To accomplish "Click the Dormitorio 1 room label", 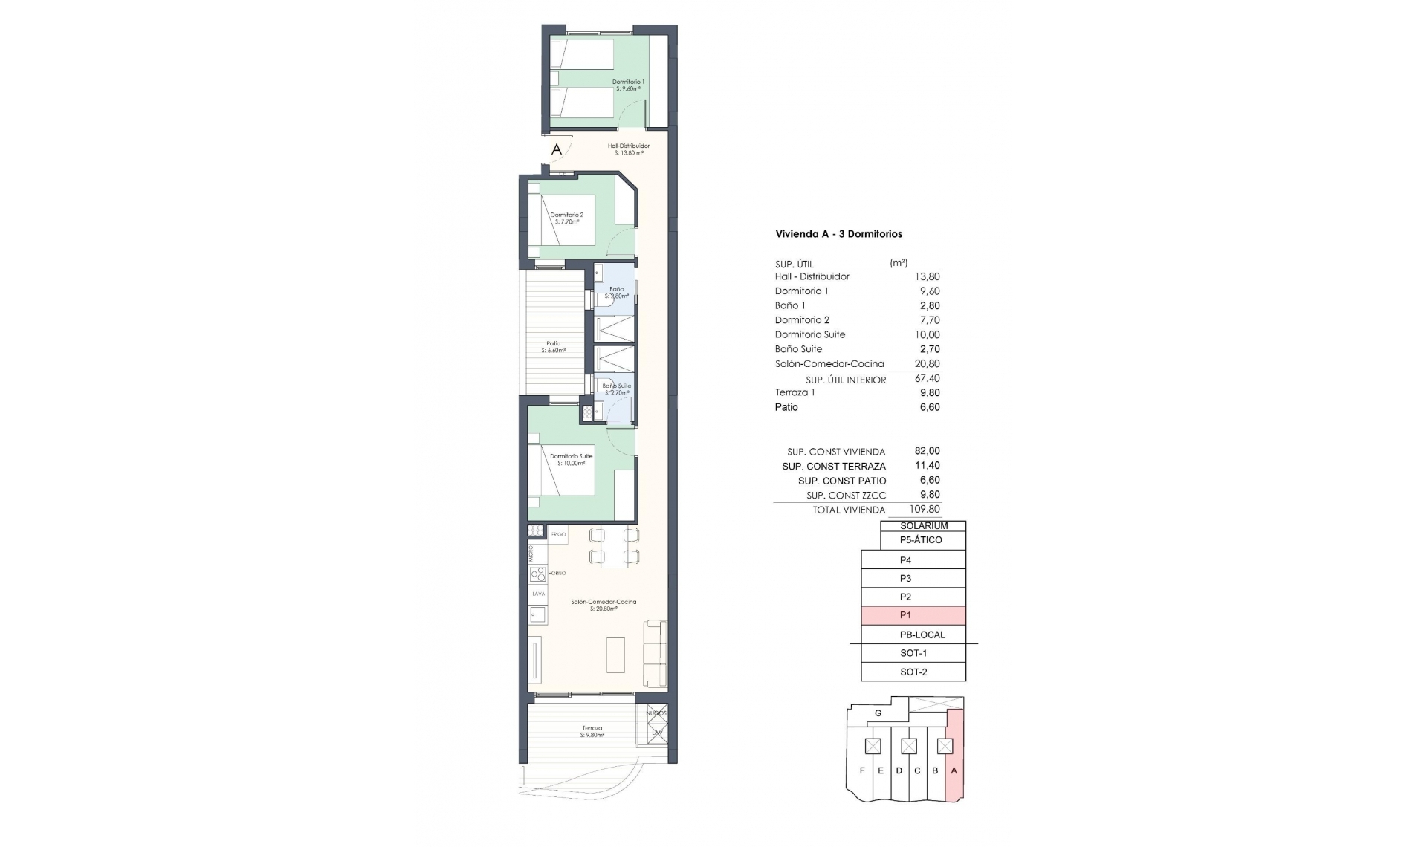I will click(x=628, y=82).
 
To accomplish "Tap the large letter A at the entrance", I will click(x=557, y=149).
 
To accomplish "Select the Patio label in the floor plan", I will click(x=553, y=344).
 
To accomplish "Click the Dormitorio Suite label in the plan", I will click(x=571, y=456).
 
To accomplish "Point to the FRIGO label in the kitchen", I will click(x=558, y=534).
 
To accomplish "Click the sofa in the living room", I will click(x=655, y=653).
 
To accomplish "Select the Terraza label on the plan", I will click(x=592, y=728).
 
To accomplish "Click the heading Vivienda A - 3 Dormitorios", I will click(x=838, y=234).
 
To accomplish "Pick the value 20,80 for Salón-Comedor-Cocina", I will click(x=927, y=364).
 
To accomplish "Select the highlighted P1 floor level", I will click(x=913, y=615).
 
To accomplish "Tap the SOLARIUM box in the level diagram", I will click(x=923, y=526).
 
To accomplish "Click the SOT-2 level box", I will click(x=913, y=672).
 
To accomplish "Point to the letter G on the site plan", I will click(x=878, y=713).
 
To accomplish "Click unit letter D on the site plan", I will click(x=899, y=770).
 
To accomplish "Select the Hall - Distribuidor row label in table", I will click(x=812, y=276).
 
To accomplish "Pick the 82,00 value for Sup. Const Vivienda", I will click(x=927, y=451).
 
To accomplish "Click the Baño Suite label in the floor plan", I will click(x=616, y=386).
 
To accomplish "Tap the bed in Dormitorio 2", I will click(x=567, y=220).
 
